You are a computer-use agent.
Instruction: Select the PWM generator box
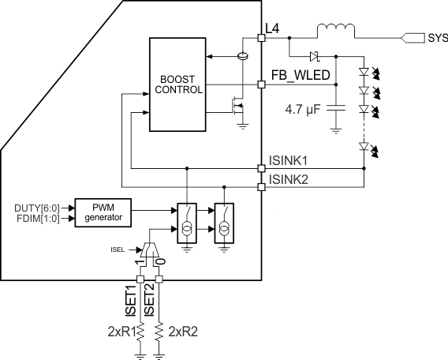(x=103, y=212)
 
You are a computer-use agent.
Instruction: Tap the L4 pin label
(x=273, y=28)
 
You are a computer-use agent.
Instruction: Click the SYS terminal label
(x=437, y=37)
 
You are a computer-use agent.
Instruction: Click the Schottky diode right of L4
(x=314, y=56)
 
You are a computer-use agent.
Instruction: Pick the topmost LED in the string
(x=364, y=71)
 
